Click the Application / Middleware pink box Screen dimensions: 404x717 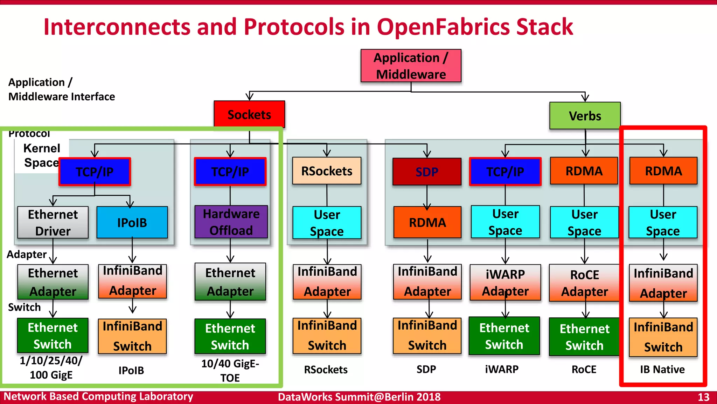[411, 66]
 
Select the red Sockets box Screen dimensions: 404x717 [249, 114]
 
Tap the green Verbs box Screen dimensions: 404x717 [585, 116]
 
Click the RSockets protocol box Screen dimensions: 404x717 [327, 171]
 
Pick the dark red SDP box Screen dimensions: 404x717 [427, 171]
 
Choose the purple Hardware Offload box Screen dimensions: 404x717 [231, 222]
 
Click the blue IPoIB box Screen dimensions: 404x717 [132, 222]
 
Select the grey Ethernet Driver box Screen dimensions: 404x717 [53, 222]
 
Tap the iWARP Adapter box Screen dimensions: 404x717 [505, 283]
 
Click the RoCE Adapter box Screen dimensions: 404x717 [584, 283]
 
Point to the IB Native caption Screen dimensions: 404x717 [662, 369]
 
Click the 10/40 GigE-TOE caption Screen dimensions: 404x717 [230, 370]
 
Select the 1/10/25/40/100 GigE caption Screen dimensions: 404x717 [51, 368]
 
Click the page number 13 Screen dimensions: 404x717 [703, 397]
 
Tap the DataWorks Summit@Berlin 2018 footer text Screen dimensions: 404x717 [359, 397]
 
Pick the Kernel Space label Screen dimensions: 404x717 [42, 155]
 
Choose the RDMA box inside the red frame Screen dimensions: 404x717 [663, 171]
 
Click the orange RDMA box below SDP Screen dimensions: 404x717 [427, 222]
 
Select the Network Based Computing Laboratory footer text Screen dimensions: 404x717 [98, 396]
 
